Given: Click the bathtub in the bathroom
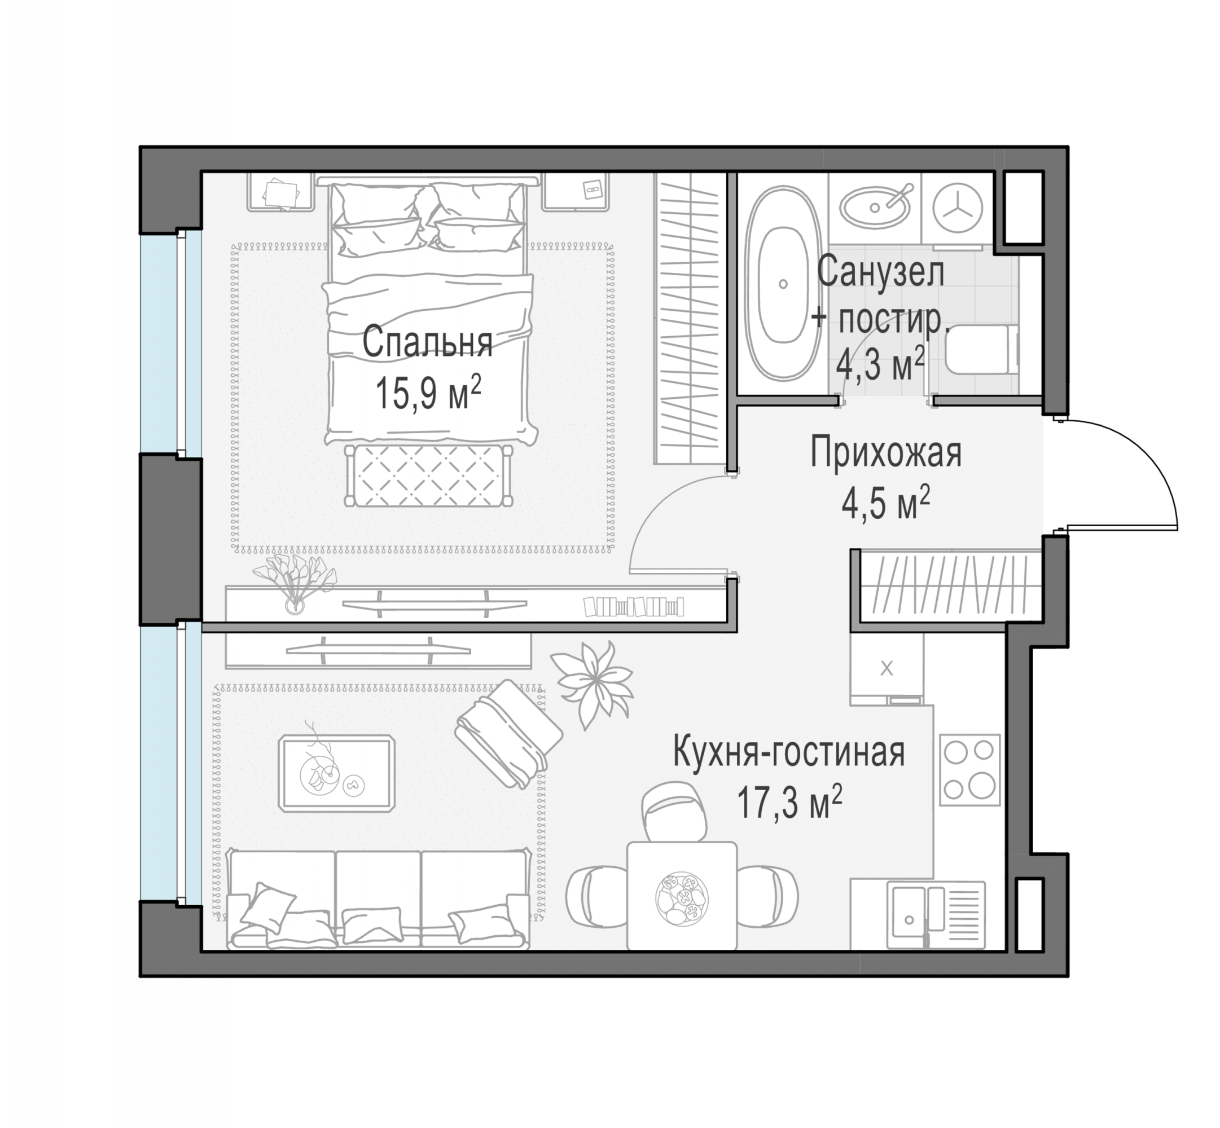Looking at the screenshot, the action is point(783,284).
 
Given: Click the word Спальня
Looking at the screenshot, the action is point(427,342).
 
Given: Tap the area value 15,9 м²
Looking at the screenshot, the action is point(427,393).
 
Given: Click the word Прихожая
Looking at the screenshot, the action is point(885,452).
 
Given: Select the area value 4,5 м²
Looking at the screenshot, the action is point(885,503).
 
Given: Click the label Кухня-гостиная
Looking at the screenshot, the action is point(789,752).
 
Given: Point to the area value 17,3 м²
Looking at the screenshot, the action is point(789,803).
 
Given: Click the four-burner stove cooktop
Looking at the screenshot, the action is point(969,770).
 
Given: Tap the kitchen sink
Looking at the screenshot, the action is point(936,914).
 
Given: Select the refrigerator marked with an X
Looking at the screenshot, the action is point(887,668).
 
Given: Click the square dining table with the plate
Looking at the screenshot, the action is point(682,896).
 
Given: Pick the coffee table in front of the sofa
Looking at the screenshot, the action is point(336,773).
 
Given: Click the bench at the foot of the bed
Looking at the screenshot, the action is point(429,475).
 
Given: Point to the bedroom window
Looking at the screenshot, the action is point(171,343).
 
